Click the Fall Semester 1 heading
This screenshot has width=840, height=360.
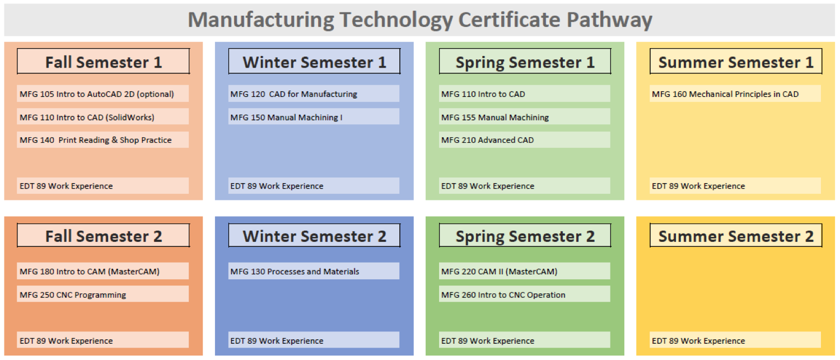pos(104,62)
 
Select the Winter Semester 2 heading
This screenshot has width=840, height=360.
pos(314,236)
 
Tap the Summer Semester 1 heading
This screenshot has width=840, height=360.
pos(736,62)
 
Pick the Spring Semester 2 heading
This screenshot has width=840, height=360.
pos(525,237)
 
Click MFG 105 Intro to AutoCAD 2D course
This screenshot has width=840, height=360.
pos(97,94)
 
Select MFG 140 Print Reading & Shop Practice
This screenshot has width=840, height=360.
pos(96,140)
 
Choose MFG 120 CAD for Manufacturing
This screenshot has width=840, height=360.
pos(293,94)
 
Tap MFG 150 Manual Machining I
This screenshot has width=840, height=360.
pos(286,118)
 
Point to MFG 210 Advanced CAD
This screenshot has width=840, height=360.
pos(487,140)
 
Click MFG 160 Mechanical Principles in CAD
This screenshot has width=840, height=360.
pos(725,94)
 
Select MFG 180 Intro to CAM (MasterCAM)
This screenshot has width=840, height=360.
pos(89,272)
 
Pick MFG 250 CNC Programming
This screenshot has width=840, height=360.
pos(73,294)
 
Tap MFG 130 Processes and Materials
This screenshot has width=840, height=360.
pos(295,272)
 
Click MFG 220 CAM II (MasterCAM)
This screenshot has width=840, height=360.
pos(499,272)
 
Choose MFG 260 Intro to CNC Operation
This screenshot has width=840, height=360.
pos(503,294)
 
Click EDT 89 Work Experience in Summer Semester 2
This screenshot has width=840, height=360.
pos(698,341)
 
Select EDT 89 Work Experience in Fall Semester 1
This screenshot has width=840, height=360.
pos(66,186)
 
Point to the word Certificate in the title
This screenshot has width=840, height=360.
pos(509,20)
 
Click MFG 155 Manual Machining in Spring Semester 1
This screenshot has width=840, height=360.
pos(494,118)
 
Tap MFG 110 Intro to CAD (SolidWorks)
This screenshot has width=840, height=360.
pos(87,118)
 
